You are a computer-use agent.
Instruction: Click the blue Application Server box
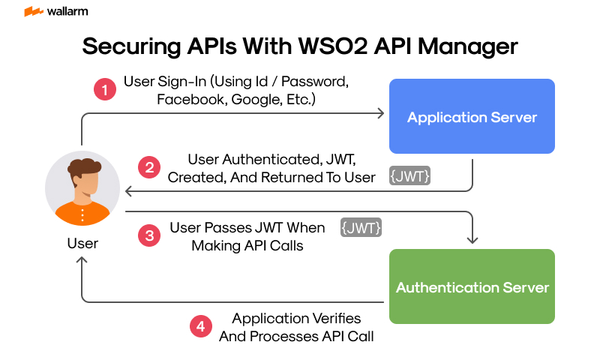472,116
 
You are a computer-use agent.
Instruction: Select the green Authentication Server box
472,287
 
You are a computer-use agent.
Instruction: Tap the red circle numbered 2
149,168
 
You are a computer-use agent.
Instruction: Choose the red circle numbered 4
199,327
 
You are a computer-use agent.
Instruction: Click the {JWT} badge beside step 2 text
409,177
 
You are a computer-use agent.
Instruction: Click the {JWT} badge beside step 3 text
361,227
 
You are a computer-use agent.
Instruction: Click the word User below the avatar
82,244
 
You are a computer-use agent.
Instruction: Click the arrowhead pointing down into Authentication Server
472,239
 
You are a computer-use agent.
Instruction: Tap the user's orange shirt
82,213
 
